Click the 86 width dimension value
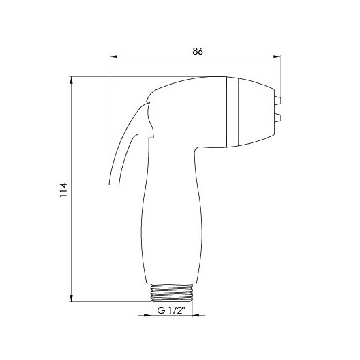[198, 51]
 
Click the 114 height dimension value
[63, 190]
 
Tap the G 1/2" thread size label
[171, 310]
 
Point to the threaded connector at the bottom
[171, 292]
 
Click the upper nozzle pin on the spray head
[277, 100]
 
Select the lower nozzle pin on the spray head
[277, 117]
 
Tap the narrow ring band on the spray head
[232, 112]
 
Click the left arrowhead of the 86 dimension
[113, 57]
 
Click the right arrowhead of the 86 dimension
[277, 57]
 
